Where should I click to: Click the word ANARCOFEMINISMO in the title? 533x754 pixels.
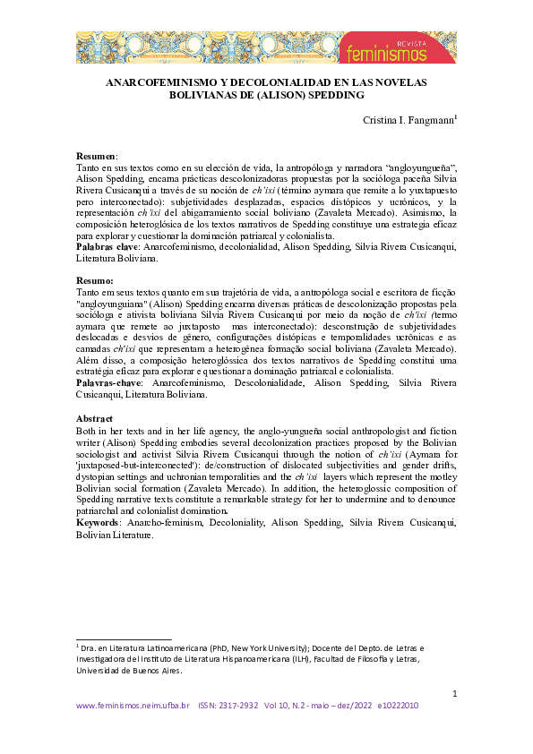point(164,81)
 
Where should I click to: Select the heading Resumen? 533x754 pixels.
point(97,156)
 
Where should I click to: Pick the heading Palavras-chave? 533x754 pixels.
point(110,382)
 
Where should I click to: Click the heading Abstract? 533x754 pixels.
point(95,418)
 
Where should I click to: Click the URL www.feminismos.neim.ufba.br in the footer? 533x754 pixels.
point(133,707)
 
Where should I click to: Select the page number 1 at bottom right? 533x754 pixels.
point(455,693)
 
